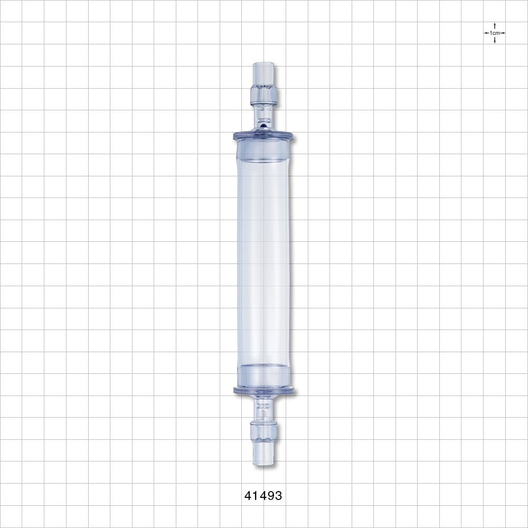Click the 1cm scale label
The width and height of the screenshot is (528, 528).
[x=495, y=33]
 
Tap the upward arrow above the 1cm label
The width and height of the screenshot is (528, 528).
[x=495, y=25]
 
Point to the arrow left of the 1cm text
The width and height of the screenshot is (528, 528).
[x=486, y=33]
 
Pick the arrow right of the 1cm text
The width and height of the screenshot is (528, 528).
[x=503, y=33]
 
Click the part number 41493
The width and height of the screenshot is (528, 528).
[x=263, y=496]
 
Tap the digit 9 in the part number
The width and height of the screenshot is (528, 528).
[x=270, y=496]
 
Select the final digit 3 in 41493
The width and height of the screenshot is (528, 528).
[x=278, y=496]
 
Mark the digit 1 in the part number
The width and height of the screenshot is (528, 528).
[x=256, y=496]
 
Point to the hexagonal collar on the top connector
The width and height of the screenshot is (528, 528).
[x=263, y=93]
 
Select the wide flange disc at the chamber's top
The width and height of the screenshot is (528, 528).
[x=263, y=136]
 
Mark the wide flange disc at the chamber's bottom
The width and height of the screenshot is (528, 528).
[x=263, y=391]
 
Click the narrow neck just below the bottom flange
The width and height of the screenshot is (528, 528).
[x=263, y=407]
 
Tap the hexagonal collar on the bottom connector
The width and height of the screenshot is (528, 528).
[x=263, y=432]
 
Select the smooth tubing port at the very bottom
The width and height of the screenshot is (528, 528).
[x=263, y=454]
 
